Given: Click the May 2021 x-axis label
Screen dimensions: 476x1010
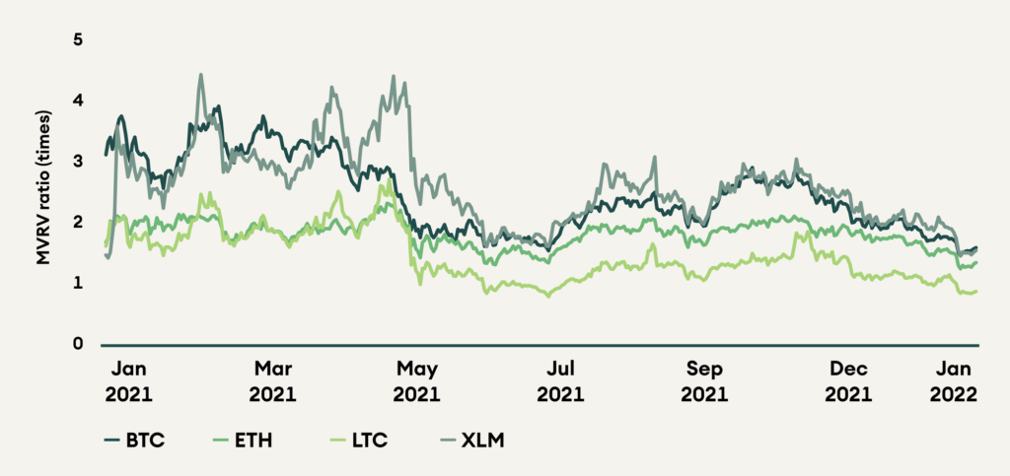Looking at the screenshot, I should (x=416, y=382).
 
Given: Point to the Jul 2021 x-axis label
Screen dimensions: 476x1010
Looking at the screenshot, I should (x=559, y=382).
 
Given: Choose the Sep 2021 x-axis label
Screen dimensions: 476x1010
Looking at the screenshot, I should (x=704, y=382).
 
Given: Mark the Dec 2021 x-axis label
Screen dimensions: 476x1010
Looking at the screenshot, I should (x=848, y=382).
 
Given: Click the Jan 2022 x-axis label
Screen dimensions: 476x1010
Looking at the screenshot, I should (x=954, y=382).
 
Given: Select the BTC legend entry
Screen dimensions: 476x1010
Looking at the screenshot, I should (x=132, y=440).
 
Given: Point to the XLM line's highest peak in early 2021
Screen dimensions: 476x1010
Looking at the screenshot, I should (x=200, y=74).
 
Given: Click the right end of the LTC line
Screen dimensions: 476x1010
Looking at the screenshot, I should (x=976, y=291).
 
